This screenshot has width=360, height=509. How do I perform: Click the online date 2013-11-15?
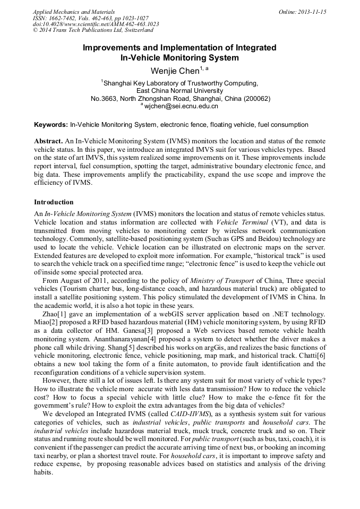(313, 12)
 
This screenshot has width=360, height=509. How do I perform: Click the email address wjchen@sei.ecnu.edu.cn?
(182, 106)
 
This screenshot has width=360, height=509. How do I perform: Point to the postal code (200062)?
(254, 98)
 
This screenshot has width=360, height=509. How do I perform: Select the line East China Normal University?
(179, 91)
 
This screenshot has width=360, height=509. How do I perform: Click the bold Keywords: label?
(51, 125)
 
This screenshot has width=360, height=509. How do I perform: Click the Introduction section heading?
(54, 202)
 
